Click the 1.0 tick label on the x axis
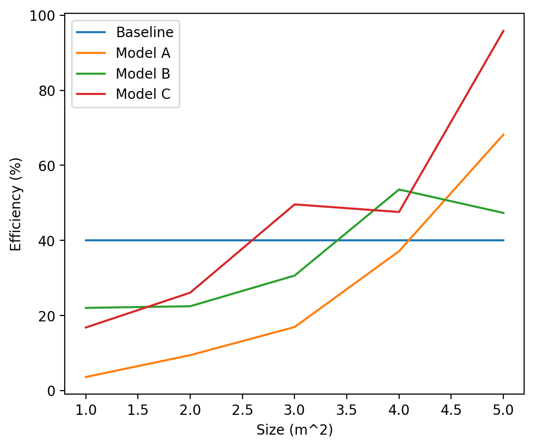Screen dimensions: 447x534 click(86, 410)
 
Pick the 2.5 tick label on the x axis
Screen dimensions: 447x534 click(243, 410)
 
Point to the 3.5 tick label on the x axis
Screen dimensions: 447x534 click(347, 410)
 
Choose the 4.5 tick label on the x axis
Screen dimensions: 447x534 click(451, 410)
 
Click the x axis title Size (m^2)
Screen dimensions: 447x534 click(294, 430)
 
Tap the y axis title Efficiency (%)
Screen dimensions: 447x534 click(16, 204)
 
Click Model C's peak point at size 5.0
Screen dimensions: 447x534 click(503, 31)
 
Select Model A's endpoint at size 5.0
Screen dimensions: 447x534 click(503, 134)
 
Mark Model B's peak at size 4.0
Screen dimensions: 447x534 click(399, 189)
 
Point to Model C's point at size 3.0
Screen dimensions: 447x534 click(294, 204)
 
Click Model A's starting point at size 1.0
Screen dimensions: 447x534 click(86, 377)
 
